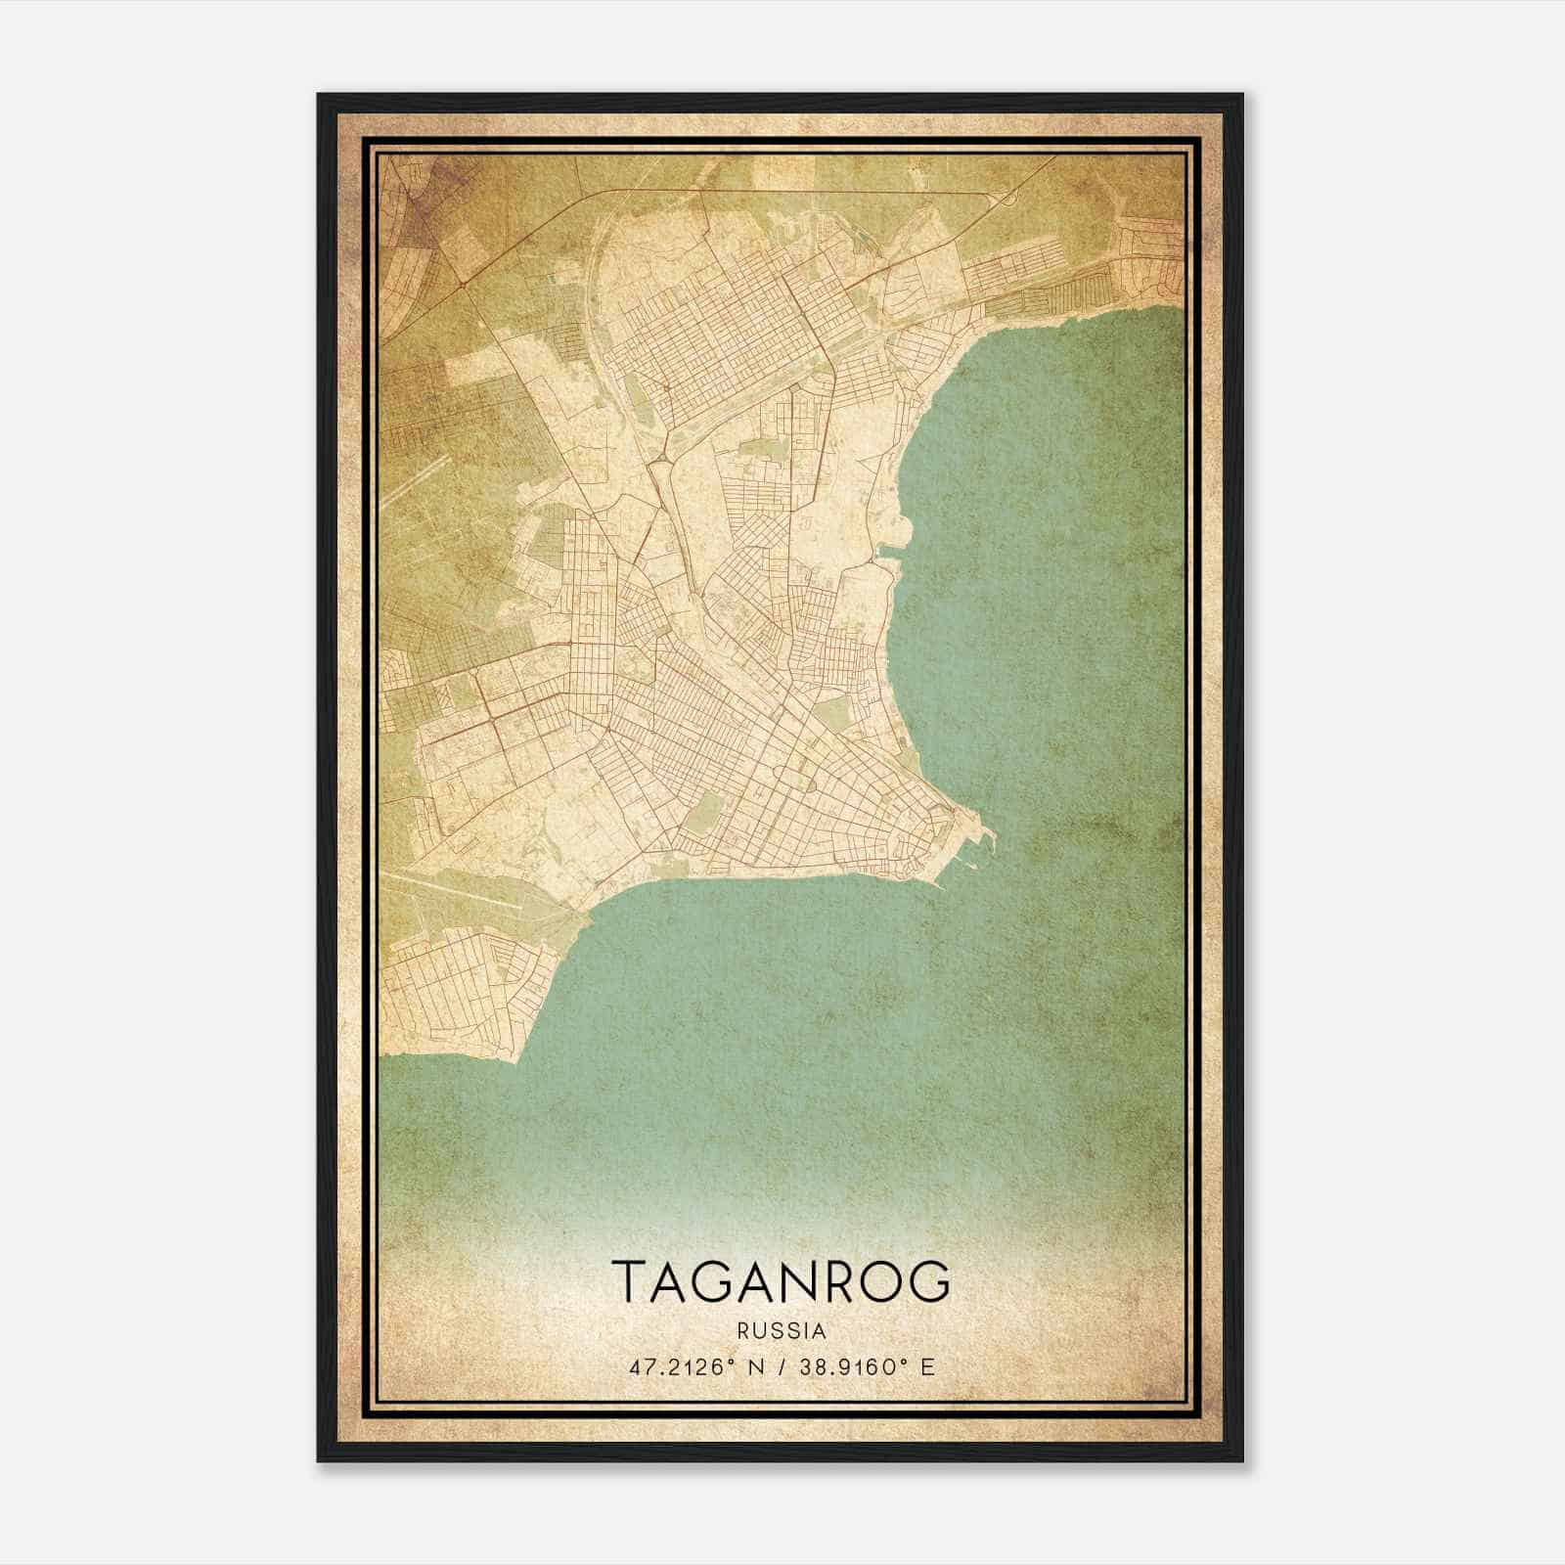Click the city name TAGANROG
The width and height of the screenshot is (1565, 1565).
pos(781,1281)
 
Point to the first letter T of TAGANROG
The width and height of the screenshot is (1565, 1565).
pos(630,1281)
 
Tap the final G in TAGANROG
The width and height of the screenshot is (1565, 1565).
pos(930,1281)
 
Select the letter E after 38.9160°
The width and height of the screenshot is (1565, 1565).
pos(928,1366)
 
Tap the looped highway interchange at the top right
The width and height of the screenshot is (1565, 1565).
pos(1006,199)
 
